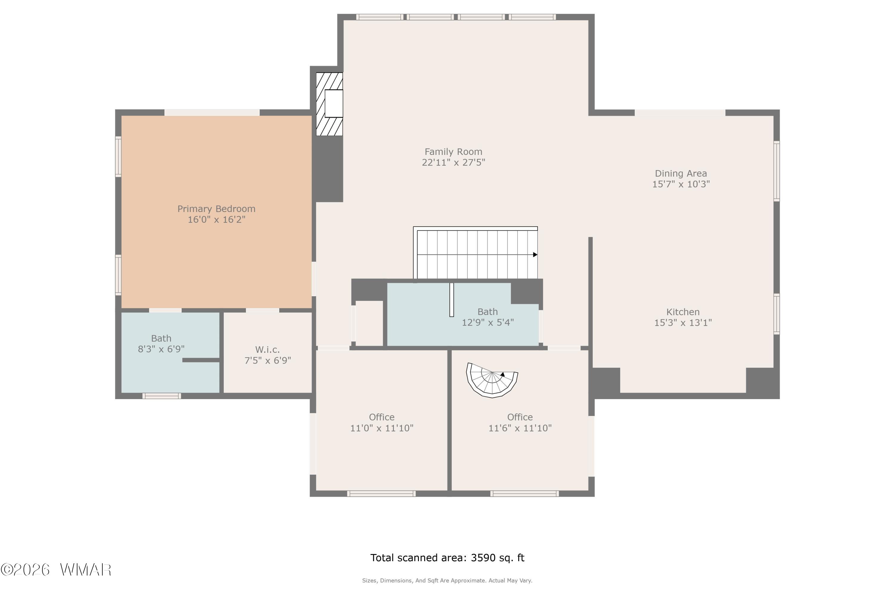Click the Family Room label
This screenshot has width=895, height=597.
453,152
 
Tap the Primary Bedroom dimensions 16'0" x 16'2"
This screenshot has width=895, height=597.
217,220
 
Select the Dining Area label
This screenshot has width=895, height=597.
681,174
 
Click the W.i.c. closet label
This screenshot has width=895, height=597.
268,350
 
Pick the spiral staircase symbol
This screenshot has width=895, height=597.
492,380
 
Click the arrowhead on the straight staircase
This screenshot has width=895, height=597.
535,255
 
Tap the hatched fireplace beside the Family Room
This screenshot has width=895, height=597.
330,104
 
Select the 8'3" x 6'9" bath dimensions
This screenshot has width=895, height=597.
161,349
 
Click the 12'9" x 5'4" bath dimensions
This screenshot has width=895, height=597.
488,322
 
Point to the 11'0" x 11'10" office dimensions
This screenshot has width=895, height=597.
382,428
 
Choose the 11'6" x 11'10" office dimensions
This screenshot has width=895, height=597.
520,428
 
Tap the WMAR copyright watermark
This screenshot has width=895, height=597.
56,570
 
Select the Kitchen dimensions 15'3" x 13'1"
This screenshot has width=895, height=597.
683,323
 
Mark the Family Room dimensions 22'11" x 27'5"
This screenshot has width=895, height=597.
453,163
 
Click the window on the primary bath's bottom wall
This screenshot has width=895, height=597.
162,396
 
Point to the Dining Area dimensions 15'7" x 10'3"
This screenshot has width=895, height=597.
681,184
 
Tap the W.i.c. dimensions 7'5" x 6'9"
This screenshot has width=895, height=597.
268,361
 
